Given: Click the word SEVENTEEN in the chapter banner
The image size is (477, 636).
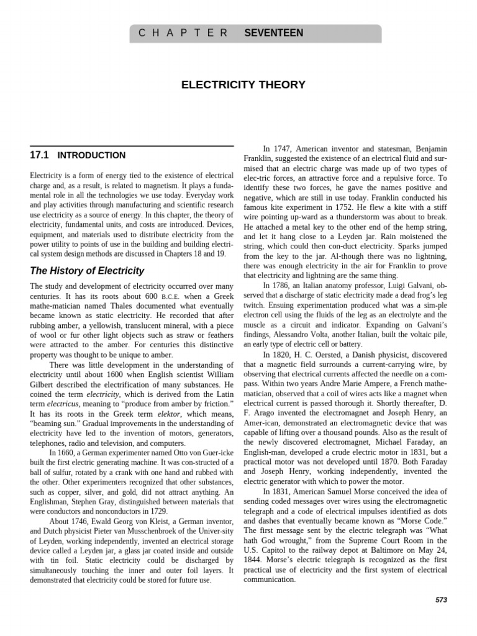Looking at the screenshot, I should (x=274, y=33).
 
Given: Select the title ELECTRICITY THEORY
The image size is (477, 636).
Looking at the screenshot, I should (x=243, y=84).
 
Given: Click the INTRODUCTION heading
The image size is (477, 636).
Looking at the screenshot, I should (x=91, y=156).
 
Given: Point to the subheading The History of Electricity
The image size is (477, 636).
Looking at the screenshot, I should (x=87, y=271).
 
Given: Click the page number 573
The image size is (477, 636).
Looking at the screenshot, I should (x=441, y=600).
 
